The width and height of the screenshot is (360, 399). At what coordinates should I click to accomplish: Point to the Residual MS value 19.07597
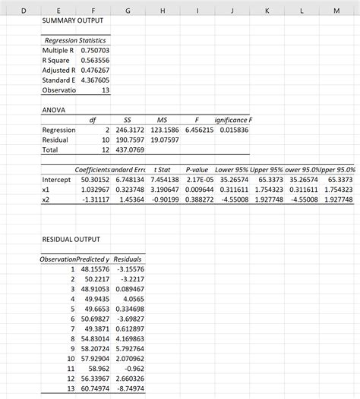(x=163, y=140)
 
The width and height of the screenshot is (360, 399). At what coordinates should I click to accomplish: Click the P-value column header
(x=197, y=170)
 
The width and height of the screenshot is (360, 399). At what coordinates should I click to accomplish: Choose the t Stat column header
(x=162, y=170)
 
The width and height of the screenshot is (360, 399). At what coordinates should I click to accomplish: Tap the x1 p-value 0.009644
(x=197, y=190)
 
